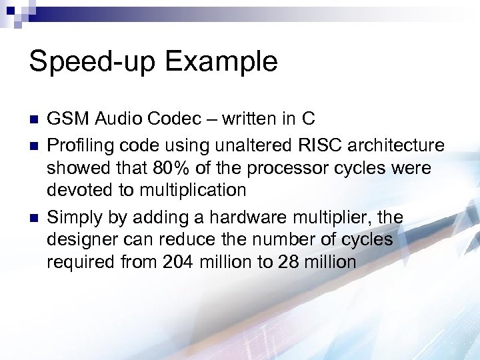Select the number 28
[x=289, y=263]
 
